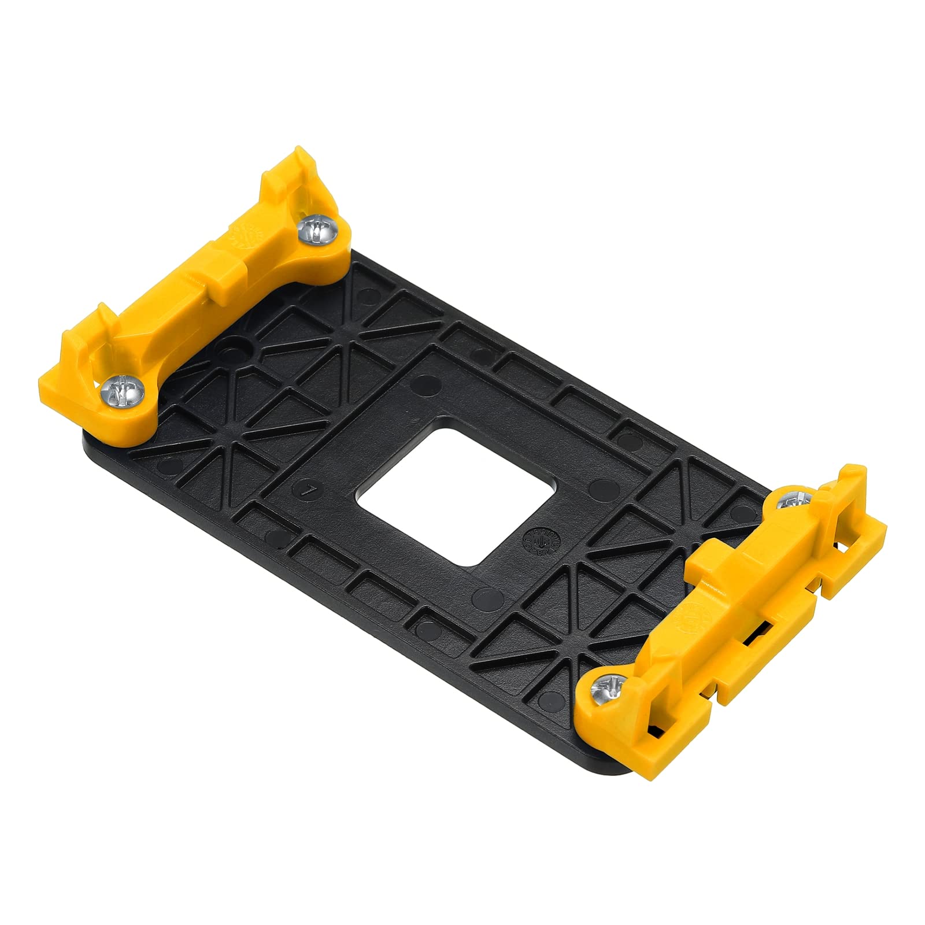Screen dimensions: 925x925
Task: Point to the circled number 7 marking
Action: pos(311,490)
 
